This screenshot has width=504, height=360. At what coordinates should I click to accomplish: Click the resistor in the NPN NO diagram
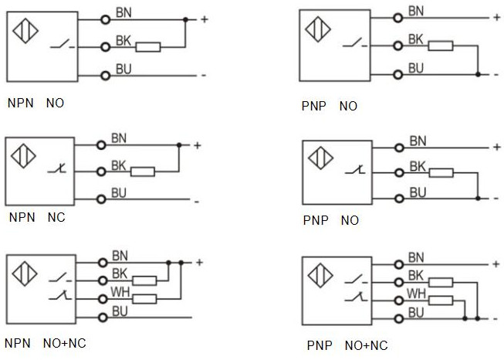pos(148,47)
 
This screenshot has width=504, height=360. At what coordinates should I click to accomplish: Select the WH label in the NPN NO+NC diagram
pos(120,293)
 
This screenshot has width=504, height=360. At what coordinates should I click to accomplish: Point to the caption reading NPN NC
pos(36,217)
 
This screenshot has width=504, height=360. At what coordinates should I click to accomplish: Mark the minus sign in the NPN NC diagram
pos(197,202)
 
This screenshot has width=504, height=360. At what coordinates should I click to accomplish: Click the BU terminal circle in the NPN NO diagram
pos(106,75)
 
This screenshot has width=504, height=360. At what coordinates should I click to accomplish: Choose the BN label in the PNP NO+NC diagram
pos(416,257)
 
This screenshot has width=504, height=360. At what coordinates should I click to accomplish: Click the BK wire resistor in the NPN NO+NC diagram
pos(144,281)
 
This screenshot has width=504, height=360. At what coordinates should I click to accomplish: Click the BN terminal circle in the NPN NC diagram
pos(100,144)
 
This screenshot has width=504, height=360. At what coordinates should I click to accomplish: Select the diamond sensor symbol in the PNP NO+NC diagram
pos(317,274)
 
